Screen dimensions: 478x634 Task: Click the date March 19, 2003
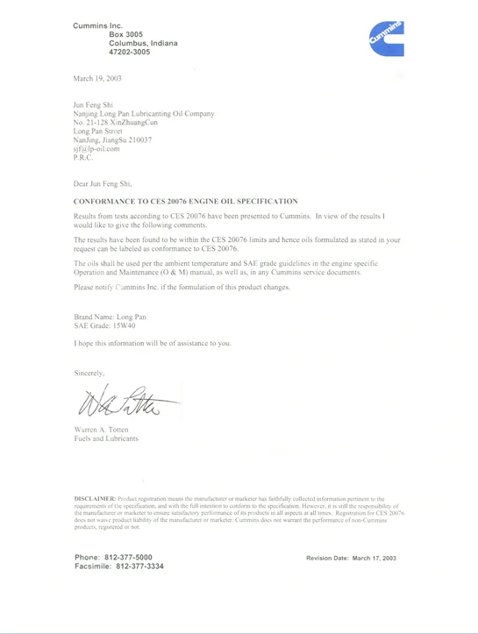tap(97, 78)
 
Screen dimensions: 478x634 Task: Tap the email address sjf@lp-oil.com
tap(102, 149)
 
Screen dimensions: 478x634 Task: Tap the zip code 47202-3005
tap(130, 52)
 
